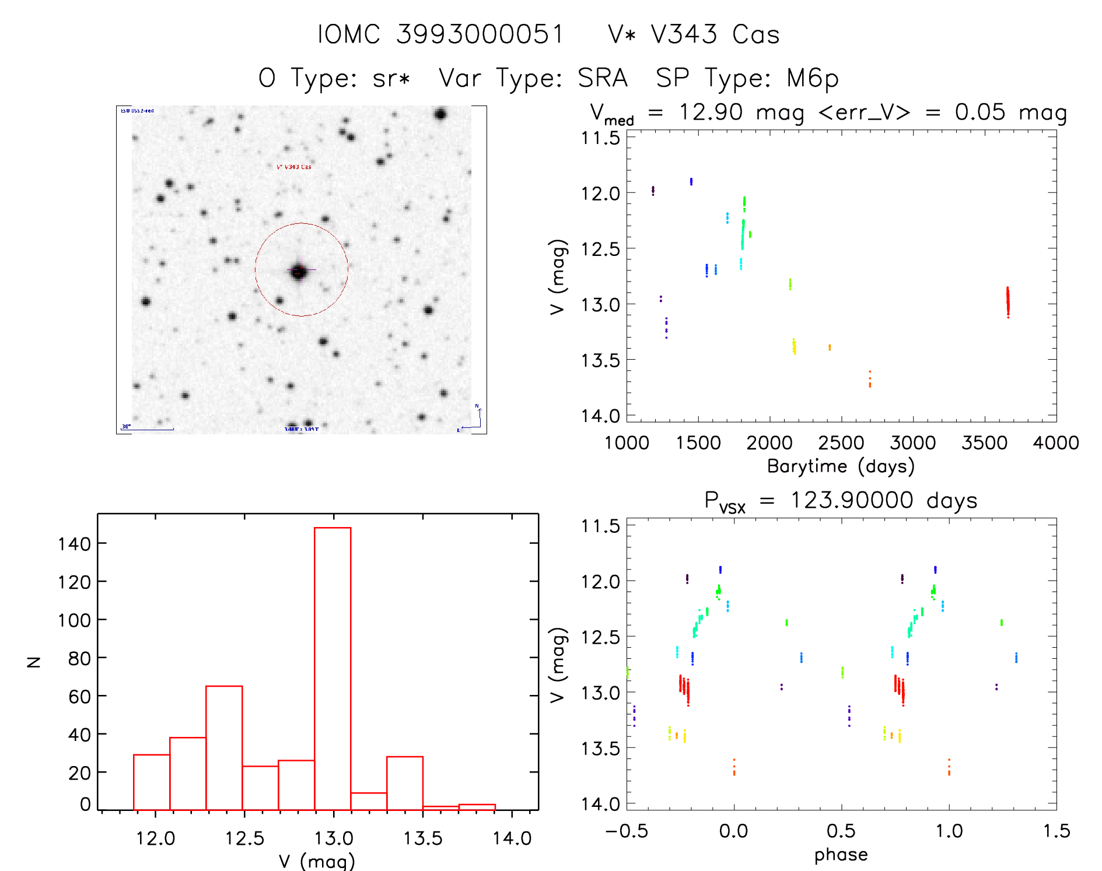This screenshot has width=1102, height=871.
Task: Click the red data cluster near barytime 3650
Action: pyautogui.click(x=1007, y=302)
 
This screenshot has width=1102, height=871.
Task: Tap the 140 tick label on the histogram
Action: pyautogui.click(x=74, y=544)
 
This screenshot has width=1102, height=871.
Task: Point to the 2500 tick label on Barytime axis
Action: pyautogui.click(x=841, y=443)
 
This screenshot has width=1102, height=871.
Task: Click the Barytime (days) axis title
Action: pyautogui.click(x=841, y=466)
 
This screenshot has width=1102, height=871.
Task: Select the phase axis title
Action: pyautogui.click(x=841, y=855)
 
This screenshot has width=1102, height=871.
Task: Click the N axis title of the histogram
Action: pyautogui.click(x=34, y=662)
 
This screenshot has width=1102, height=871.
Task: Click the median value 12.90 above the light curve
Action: pyautogui.click(x=711, y=112)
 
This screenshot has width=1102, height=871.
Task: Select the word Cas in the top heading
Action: pyautogui.click(x=756, y=35)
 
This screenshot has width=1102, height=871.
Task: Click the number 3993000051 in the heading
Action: pyautogui.click(x=480, y=35)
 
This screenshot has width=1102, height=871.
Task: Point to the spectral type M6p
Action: pyautogui.click(x=812, y=79)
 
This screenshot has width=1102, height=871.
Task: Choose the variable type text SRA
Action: pyautogui.click(x=603, y=79)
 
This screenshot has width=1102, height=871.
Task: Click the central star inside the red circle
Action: pyautogui.click(x=299, y=271)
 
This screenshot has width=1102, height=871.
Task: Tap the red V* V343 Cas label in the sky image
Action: pyautogui.click(x=294, y=167)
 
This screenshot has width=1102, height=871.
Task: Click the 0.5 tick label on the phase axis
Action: pyautogui.click(x=841, y=831)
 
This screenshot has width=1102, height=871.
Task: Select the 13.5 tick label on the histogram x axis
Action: pyautogui.click(x=423, y=838)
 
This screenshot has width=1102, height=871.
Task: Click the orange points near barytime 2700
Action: pyautogui.click(x=870, y=379)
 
